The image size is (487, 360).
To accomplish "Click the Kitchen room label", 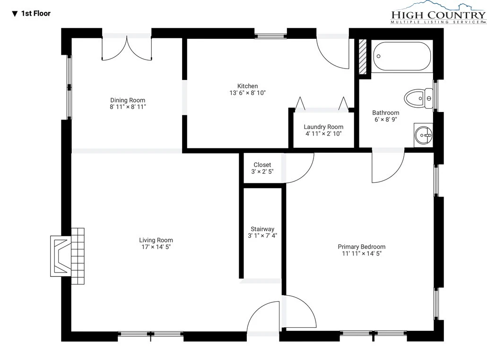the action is point(248,86).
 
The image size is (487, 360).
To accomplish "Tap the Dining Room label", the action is point(128,100).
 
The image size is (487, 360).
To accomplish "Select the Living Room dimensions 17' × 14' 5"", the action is point(156,247).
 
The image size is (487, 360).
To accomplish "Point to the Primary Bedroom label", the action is point(362,247).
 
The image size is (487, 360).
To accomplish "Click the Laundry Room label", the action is point(323,127).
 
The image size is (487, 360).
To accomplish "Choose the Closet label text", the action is point(262,165).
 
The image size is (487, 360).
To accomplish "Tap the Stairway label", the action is point(262,229).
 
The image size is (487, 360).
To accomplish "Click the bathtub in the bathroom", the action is point(402,56).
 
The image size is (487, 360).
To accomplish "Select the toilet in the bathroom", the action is point(418,98).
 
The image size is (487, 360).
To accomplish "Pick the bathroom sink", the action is point(423,135).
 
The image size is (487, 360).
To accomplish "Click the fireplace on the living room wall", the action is point(61,256).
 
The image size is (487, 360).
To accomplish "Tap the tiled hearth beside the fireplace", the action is point(78,256).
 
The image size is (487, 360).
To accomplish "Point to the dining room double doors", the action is point(127,48).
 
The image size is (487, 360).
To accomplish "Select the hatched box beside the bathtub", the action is point(363,57).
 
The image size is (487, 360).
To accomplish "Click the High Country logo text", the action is point(438,15).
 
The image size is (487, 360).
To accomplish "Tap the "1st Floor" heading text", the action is point(36,13).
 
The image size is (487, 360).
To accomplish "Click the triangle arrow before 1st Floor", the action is point(15,14).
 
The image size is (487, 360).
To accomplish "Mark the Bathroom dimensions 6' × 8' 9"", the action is point(386,120).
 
